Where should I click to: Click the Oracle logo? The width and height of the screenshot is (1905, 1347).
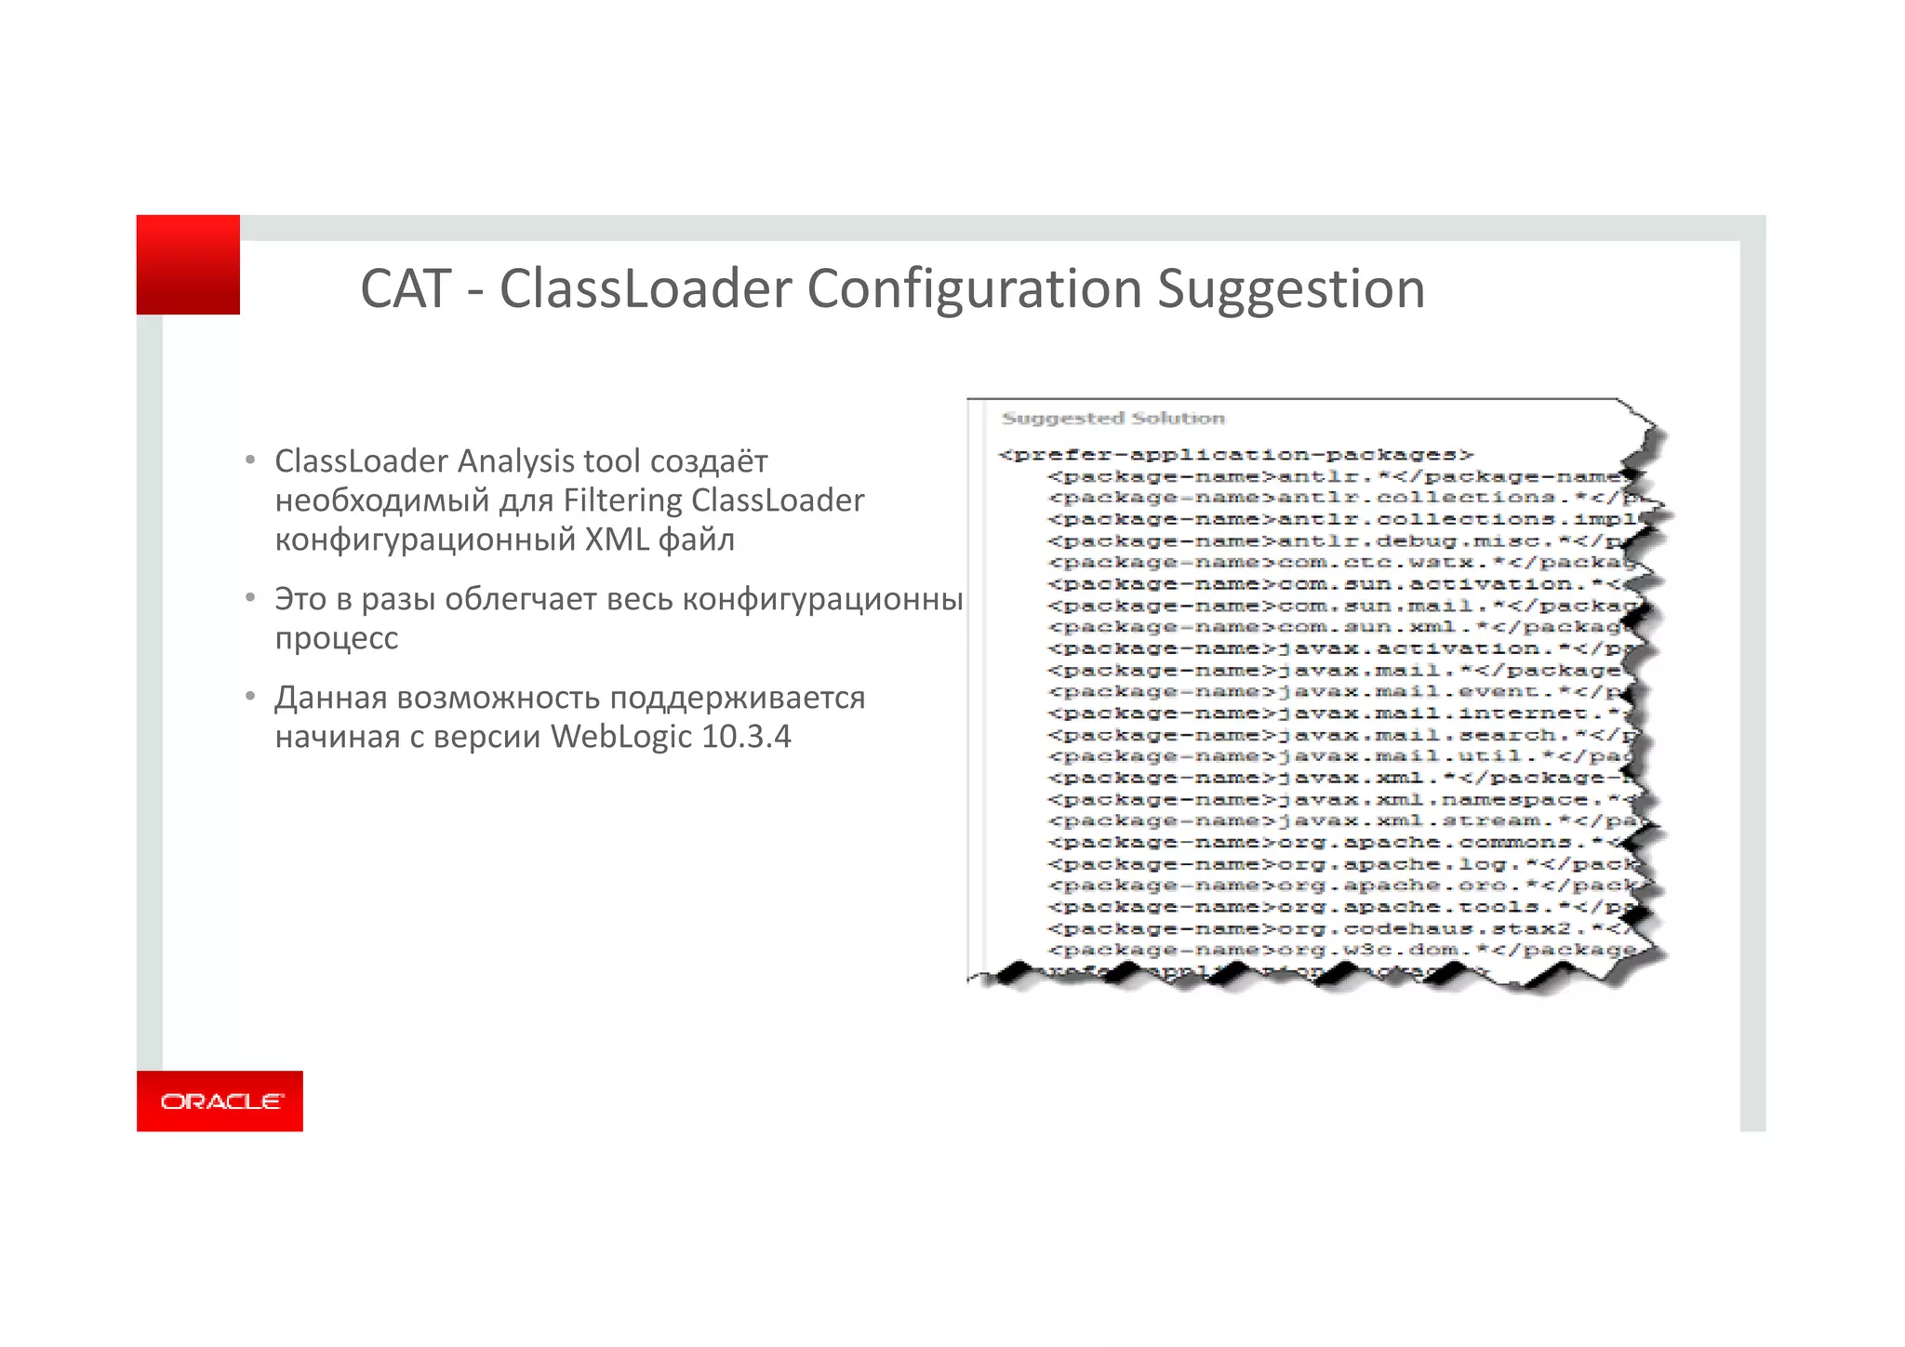pyautogui.click(x=220, y=1101)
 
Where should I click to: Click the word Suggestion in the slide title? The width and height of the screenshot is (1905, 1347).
pyautogui.click(x=1290, y=289)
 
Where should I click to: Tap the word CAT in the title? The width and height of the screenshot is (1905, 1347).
pyautogui.click(x=406, y=289)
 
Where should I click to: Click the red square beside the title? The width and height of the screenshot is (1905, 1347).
pyautogui.click(x=188, y=265)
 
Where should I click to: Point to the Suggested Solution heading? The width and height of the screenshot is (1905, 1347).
pyautogui.click(x=1112, y=419)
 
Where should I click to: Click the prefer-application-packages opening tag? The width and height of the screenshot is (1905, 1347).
pyautogui.click(x=1235, y=455)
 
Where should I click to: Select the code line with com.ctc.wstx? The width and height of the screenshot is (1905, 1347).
pyautogui.click(x=1339, y=563)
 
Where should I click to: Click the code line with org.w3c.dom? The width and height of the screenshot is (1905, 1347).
pyautogui.click(x=1339, y=950)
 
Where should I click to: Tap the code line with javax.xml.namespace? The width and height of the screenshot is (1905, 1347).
pyautogui.click(x=1339, y=800)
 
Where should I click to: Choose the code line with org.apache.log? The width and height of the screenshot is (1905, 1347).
pyautogui.click(x=1339, y=864)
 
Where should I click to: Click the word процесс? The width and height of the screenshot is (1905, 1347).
pyautogui.click(x=337, y=638)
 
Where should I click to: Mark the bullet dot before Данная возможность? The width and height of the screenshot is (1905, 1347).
pyautogui.click(x=250, y=697)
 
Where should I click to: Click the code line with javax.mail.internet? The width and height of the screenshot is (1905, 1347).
pyautogui.click(x=1339, y=714)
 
